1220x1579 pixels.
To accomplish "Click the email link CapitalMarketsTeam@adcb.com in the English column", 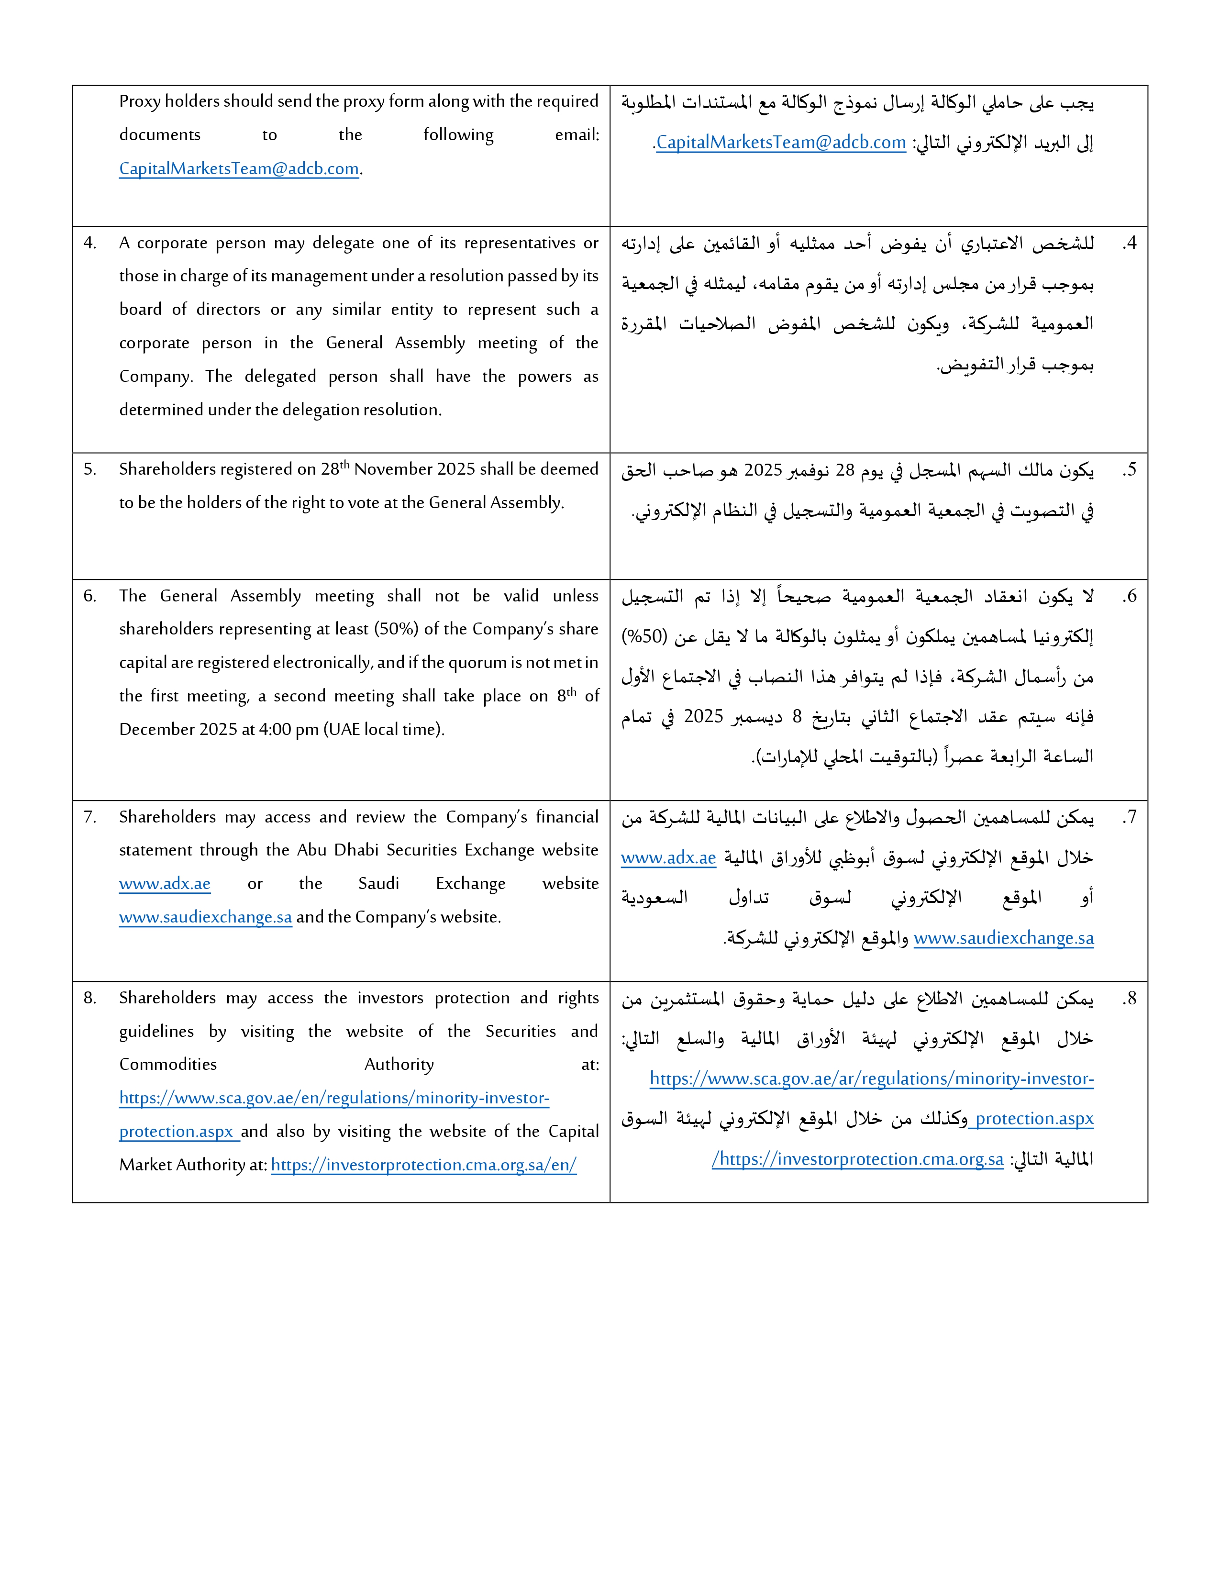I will [239, 169].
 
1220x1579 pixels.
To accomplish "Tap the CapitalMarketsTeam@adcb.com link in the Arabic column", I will [781, 143].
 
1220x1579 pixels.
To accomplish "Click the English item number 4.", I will [89, 243].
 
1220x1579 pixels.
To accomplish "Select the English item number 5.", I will [89, 469].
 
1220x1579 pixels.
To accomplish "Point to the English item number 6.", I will [89, 596].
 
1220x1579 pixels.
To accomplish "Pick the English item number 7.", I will [89, 817].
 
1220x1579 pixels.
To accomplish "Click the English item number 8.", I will [89, 998].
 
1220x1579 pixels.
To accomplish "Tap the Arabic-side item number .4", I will [1129, 244].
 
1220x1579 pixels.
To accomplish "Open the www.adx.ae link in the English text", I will [165, 883].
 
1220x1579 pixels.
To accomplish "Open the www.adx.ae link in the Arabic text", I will [668, 858].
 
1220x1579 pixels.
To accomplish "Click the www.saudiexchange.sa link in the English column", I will [205, 917].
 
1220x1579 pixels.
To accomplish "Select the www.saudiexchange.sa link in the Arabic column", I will [1003, 938].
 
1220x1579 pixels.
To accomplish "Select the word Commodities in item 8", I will [167, 1064].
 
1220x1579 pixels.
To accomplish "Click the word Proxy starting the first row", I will [140, 101].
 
